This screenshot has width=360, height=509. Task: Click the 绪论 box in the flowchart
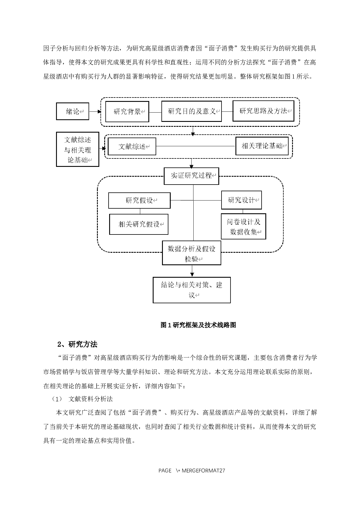tap(73, 111)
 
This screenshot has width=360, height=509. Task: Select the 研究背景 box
tap(127, 111)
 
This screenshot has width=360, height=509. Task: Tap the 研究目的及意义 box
tap(191, 111)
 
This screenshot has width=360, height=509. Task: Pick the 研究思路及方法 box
tap(263, 111)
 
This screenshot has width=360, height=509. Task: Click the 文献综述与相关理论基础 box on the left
tap(78, 149)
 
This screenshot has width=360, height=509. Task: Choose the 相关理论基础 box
tap(262, 146)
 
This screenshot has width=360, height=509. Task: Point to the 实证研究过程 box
tap(191, 176)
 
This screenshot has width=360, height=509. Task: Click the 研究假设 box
tap(139, 201)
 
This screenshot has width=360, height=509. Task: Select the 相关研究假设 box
tap(139, 224)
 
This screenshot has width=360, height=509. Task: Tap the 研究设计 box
tap(241, 200)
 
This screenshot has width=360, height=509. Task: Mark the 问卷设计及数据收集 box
tap(243, 227)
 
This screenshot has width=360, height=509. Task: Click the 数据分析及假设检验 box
tap(191, 253)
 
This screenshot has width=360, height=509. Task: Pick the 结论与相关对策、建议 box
tap(192, 290)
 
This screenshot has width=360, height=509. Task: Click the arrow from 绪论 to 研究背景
tap(95, 111)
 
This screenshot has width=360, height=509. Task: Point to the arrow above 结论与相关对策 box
tap(192, 271)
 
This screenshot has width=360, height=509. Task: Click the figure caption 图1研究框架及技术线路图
tap(198, 325)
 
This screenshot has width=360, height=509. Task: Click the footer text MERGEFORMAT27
tap(203, 470)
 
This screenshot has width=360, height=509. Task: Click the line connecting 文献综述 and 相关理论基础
tap(195, 146)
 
